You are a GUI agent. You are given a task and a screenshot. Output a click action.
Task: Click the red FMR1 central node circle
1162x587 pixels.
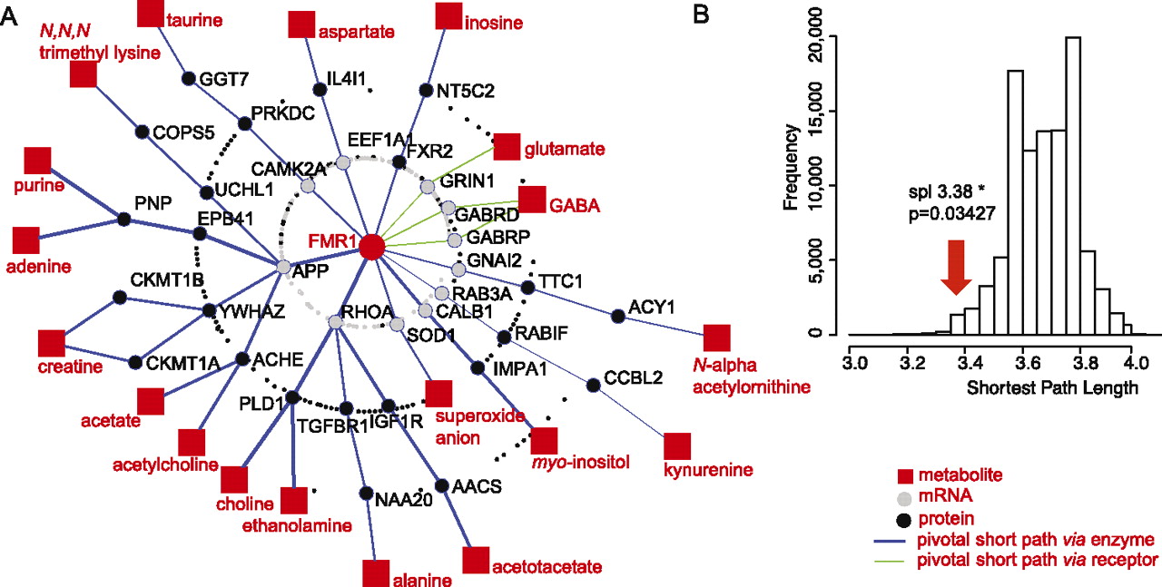pos(370,246)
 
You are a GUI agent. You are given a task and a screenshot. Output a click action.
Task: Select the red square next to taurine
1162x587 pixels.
pos(151,14)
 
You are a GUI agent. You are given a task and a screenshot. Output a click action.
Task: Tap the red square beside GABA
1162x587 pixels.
pos(532,200)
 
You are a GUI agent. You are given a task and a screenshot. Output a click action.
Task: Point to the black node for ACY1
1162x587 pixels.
pos(618,316)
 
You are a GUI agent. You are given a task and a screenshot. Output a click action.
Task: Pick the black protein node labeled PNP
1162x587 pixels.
pos(123,219)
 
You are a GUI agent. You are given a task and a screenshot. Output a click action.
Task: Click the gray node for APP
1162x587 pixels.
pos(283,268)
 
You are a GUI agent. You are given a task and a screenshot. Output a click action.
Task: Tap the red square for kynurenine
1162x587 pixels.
pos(677,446)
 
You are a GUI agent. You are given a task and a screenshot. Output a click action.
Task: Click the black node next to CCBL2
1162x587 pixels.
pos(593,386)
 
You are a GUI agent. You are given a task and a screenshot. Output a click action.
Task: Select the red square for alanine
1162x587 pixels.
pos(376,572)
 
